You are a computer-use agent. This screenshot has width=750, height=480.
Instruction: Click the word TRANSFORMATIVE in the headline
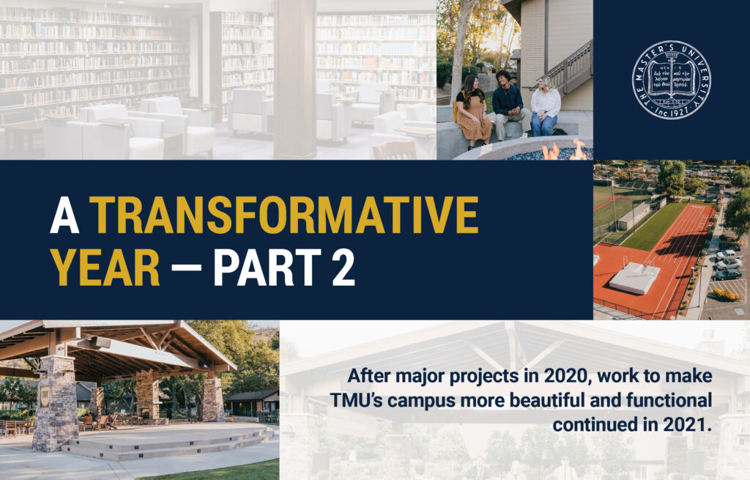[286, 214]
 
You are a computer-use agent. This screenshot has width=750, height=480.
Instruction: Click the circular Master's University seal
[671, 80]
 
